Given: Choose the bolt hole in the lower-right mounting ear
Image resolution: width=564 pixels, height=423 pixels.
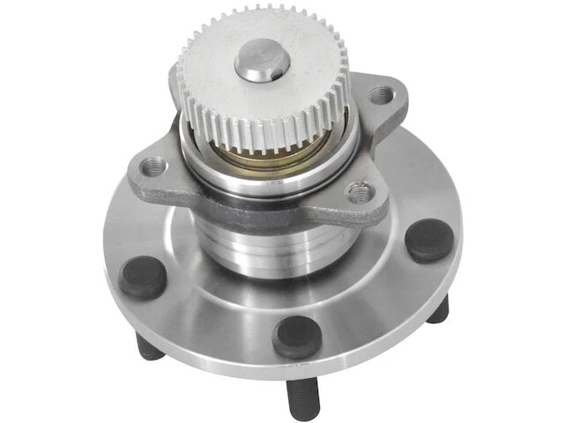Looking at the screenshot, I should pos(357,190).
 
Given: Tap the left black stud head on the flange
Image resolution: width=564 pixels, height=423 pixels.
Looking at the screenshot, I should pos(143,277).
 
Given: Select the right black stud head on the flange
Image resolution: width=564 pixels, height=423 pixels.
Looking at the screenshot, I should pos(428,239).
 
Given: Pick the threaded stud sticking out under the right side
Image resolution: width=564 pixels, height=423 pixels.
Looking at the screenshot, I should pos(438,308).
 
